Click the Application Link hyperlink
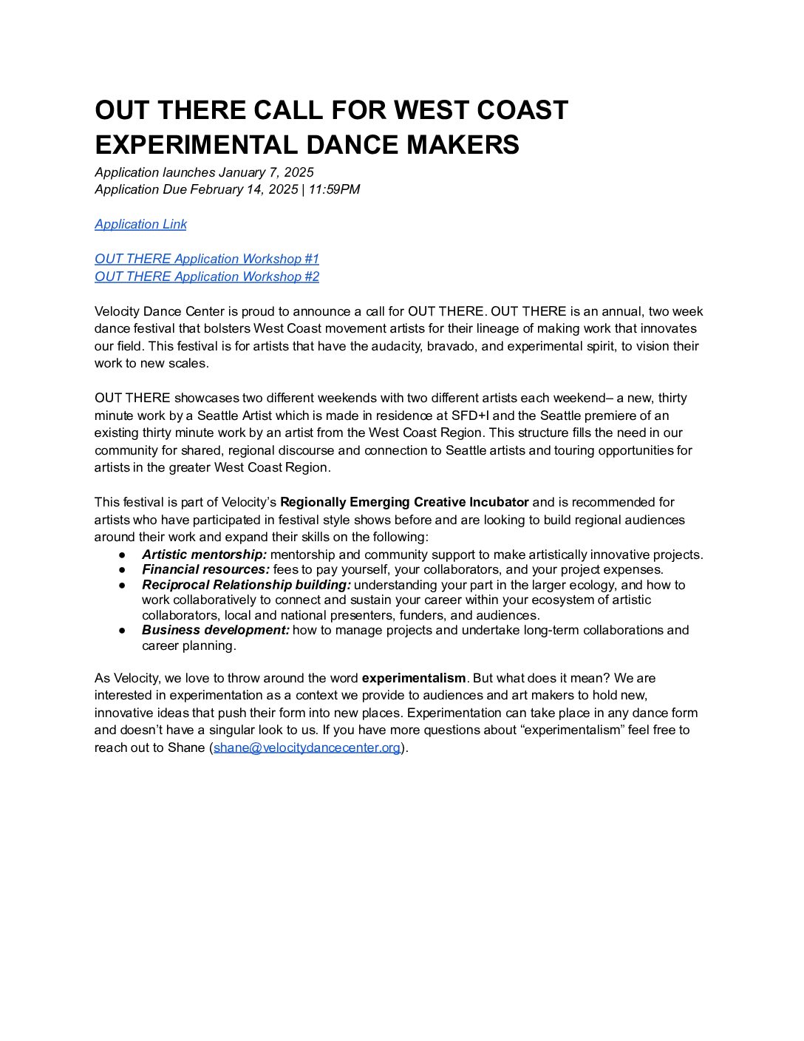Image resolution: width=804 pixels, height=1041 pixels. point(140,224)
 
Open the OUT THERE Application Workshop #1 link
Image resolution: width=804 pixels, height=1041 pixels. point(207,259)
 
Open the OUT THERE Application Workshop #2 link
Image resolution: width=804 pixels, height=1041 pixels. point(207,277)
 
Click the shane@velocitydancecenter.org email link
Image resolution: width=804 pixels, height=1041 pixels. point(307,747)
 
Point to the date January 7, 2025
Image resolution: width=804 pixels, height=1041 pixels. point(266,172)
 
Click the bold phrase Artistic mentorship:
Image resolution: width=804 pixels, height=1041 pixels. point(204,555)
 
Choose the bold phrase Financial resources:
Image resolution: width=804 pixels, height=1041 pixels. point(205,569)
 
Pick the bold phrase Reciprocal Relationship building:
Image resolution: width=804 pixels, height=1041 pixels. point(246,585)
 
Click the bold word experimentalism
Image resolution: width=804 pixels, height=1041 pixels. point(414,678)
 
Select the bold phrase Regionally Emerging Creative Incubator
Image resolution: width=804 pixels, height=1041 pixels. point(404,502)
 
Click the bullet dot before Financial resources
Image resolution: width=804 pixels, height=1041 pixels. point(122,570)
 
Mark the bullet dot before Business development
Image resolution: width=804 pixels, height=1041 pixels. point(122,631)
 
